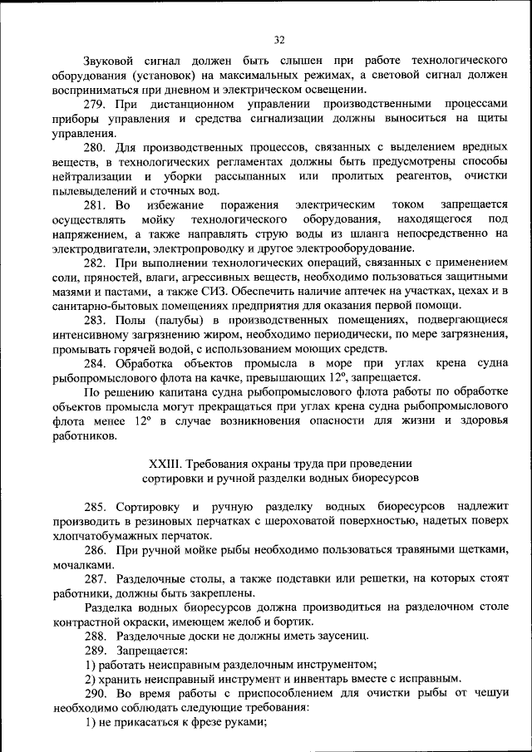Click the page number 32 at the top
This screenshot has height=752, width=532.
tap(279, 38)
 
